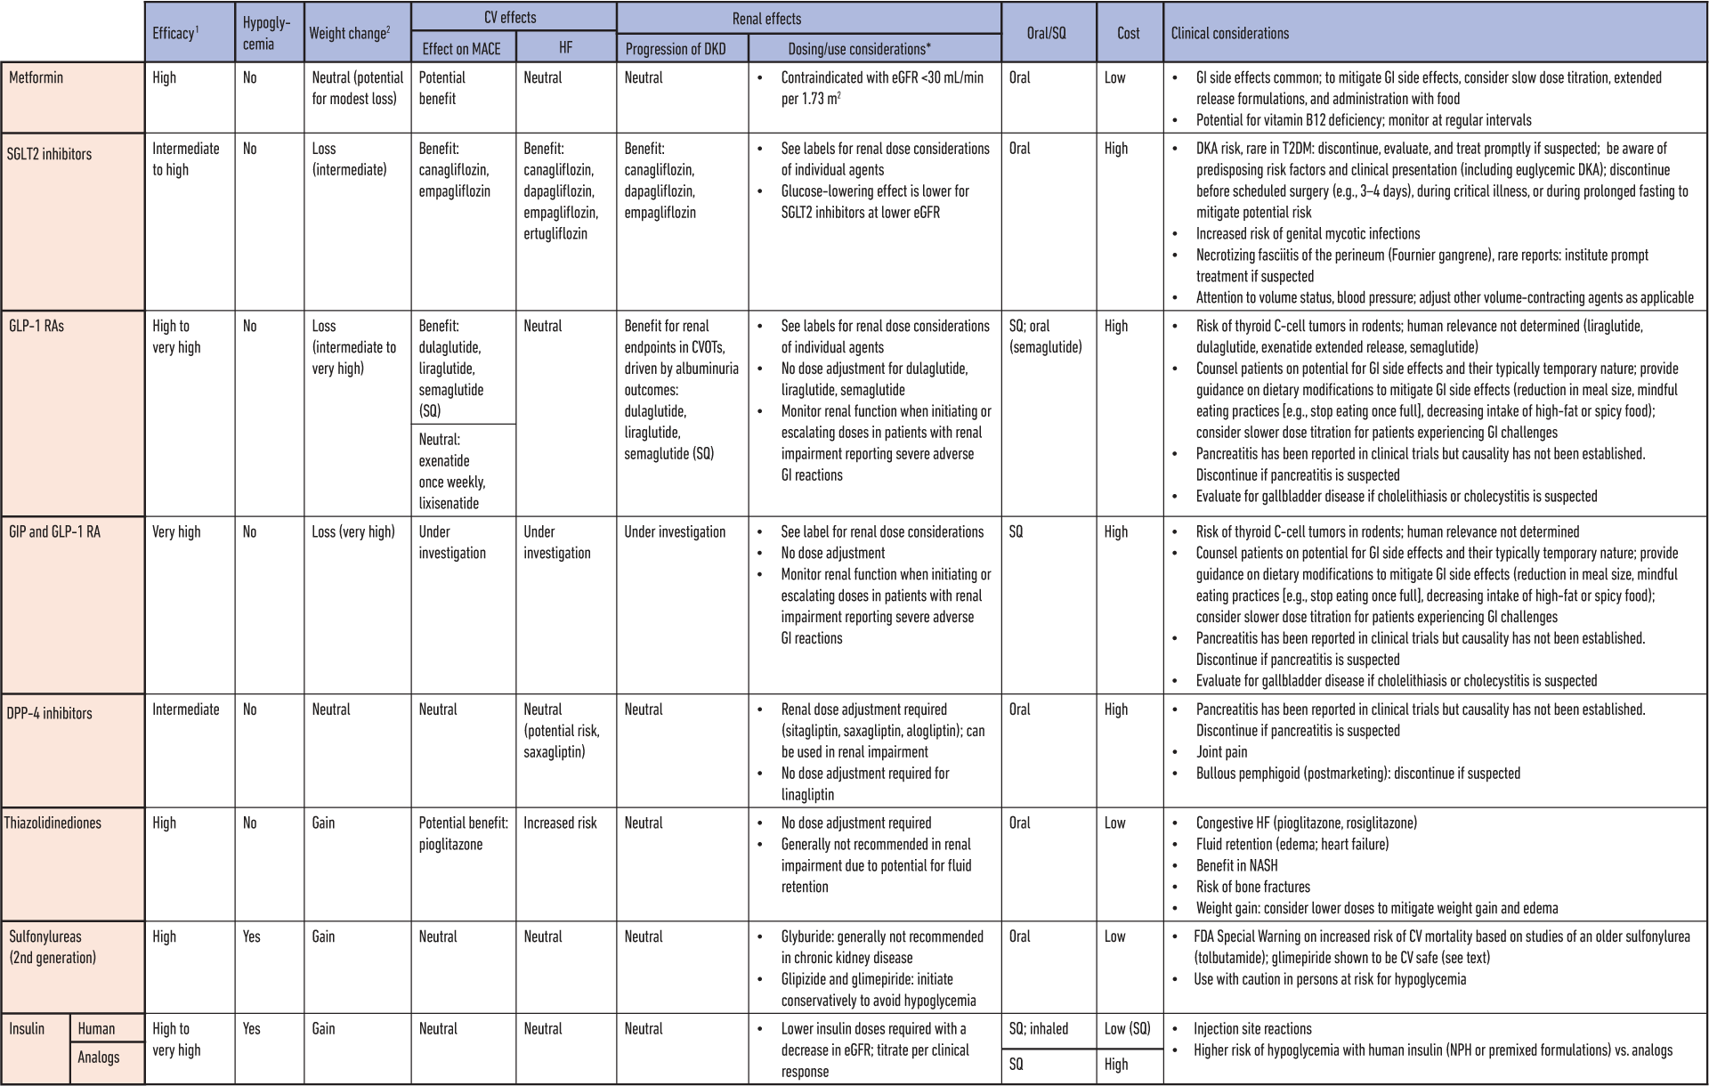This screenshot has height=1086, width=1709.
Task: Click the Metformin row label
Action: pos(36,78)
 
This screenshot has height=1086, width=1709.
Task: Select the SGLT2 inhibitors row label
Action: pos(49,154)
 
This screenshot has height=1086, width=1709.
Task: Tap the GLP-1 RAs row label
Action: pos(36,327)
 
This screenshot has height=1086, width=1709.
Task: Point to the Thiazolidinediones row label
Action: pos(53,823)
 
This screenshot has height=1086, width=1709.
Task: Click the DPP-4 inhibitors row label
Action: pos(49,714)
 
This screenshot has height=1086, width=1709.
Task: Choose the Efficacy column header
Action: pos(175,33)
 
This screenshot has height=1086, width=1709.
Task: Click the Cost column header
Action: pos(1128,33)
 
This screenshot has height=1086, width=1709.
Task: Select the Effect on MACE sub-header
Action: pos(461,49)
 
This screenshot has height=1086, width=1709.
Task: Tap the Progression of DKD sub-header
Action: pos(676,49)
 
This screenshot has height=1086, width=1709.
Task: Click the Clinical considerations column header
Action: pos(1229,33)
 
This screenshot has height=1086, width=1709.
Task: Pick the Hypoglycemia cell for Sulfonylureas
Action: pos(252,936)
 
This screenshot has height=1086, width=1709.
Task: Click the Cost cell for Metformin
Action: pos(1115,78)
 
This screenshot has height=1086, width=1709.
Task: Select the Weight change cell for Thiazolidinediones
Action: pos(323,823)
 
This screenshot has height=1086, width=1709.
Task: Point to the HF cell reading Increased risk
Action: pos(560,823)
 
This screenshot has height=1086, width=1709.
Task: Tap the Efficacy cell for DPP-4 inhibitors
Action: pos(185,709)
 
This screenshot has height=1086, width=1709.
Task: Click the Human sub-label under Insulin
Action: pos(96,1029)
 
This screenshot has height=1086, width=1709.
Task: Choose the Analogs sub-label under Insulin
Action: pos(98,1058)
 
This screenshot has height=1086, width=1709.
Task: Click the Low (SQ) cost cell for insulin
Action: pos(1127,1029)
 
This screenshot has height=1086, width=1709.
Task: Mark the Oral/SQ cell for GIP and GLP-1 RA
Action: pos(1016,532)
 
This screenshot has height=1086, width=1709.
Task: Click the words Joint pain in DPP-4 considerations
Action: pos(1221,752)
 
